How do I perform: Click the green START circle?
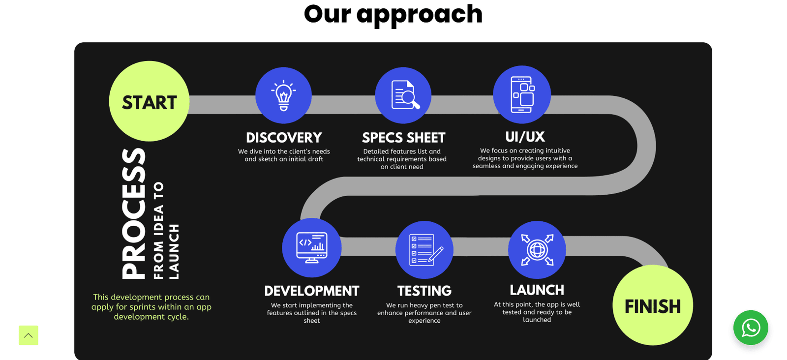(150, 101)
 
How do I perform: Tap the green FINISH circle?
(653, 305)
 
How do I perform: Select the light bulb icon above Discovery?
(283, 95)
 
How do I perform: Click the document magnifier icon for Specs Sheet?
(405, 95)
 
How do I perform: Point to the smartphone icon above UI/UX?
(522, 94)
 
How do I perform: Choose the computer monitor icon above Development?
(312, 247)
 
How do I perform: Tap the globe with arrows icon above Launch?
(537, 250)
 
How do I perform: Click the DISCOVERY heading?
(284, 138)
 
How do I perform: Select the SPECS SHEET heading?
(404, 138)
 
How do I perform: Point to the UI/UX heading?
(525, 137)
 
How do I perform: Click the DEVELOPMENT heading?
(312, 291)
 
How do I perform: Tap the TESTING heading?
(424, 291)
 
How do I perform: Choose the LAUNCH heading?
(537, 290)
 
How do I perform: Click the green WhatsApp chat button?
(751, 328)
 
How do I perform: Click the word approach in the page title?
(420, 15)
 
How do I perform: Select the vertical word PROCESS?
(133, 213)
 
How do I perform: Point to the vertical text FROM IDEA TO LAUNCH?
(166, 230)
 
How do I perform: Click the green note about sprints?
(151, 306)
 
